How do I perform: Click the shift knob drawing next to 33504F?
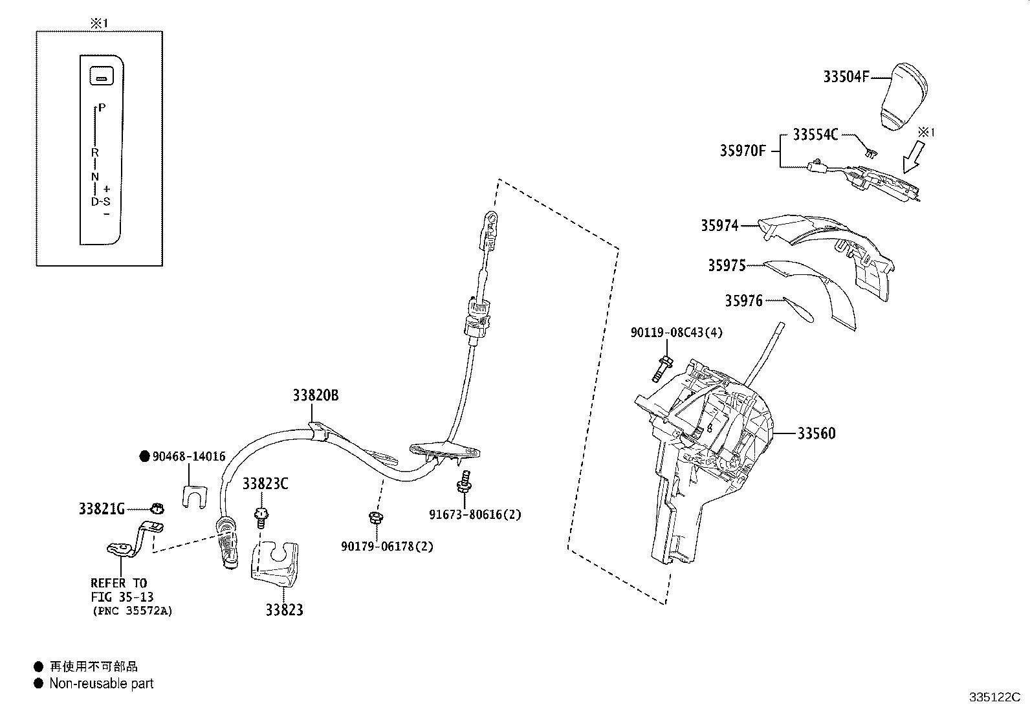pos(904,97)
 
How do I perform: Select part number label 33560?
pos(816,433)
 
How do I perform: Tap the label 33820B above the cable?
pos(315,395)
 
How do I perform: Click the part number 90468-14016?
pos(189,457)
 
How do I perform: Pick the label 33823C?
pos(265,484)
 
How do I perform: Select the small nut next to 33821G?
pos(156,509)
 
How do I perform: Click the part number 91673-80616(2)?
pos(475,514)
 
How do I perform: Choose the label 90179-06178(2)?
pos(387,546)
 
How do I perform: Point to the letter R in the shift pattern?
pos(94,153)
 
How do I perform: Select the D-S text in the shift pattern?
pos(100,201)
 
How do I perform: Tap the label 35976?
pos(743,301)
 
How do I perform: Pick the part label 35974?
pos(719,226)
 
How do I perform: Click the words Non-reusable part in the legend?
pos(102,683)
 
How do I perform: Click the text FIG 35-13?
pos(122,596)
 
